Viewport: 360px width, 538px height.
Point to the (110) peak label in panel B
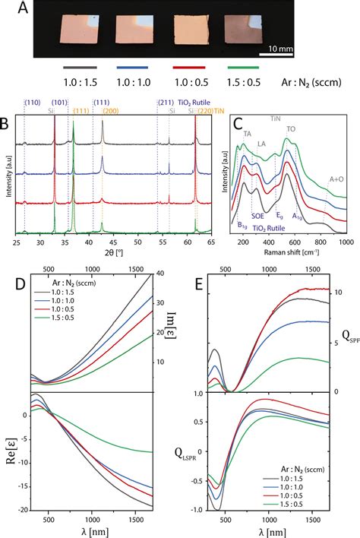[33, 103]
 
